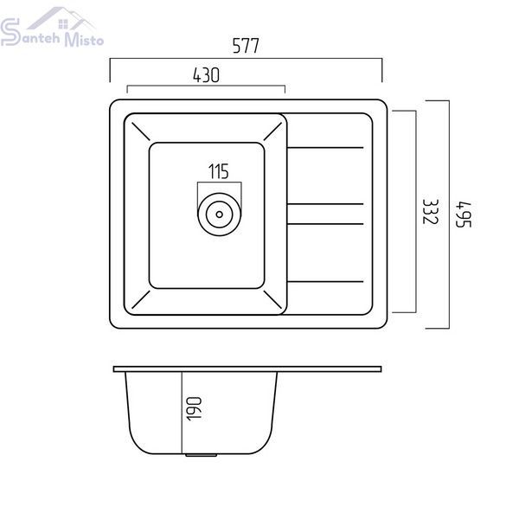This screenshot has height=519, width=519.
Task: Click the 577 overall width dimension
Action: tap(246, 46)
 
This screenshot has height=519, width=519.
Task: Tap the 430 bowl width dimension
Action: tap(206, 75)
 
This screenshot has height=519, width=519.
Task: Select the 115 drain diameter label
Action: tap(219, 171)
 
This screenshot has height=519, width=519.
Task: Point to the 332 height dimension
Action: tap(431, 212)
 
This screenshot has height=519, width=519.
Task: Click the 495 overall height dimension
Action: tap(464, 215)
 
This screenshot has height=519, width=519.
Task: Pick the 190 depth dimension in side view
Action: tap(194, 409)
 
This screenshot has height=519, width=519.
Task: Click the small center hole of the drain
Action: tap(219, 215)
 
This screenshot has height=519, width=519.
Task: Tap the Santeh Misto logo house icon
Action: tap(61, 18)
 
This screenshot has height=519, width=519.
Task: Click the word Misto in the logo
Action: tap(84, 40)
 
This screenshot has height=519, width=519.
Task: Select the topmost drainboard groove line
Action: tap(325, 148)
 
